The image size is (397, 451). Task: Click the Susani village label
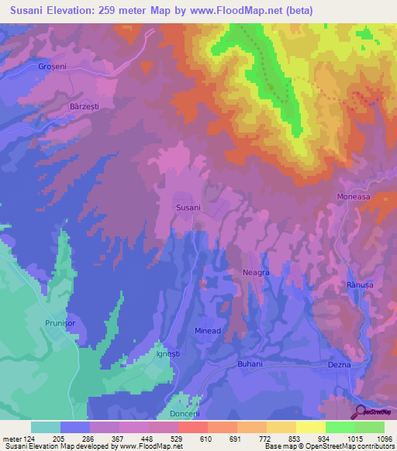pos(188,208)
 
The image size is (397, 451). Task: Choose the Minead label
pos(208,331)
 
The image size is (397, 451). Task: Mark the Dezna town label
pos(340,364)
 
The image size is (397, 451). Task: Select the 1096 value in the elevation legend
pos(385,438)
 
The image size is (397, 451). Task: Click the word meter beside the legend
pos(12,438)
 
